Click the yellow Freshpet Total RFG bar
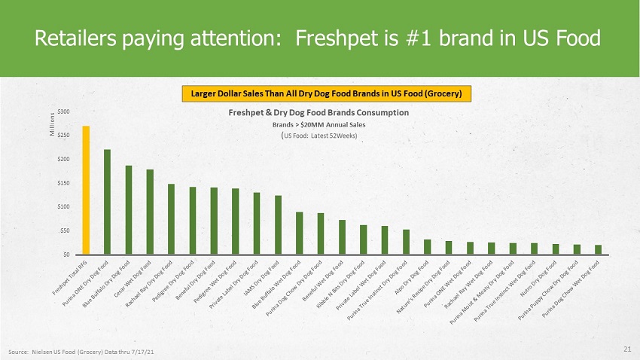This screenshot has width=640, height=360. pos(86,191)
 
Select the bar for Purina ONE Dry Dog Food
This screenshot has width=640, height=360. pos(107,202)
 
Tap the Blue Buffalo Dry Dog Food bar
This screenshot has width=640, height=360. pos(129,210)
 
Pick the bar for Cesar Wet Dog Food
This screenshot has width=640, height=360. pos(150,212)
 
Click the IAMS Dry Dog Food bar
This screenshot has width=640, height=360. pos(278,225)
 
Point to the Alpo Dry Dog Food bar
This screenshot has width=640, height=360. pos(428,247)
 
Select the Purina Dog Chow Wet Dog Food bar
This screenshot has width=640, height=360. pos(598,250)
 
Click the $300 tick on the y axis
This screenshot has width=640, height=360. pos(63,111)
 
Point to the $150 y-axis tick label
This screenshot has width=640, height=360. pos(63,183)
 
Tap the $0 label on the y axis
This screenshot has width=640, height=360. pos(66,255)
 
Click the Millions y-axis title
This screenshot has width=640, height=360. pos(52,124)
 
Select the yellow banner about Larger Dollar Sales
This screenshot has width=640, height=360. pos(327,93)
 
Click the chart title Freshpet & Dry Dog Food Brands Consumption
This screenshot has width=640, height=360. pos(318,113)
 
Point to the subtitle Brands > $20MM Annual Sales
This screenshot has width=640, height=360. pos(318,125)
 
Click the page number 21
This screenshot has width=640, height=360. pos(627,349)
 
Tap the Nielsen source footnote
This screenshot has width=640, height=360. pos(81,352)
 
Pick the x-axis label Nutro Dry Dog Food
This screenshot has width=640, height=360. pos(539,279)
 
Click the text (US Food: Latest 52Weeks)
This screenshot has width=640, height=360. pos(318,136)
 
